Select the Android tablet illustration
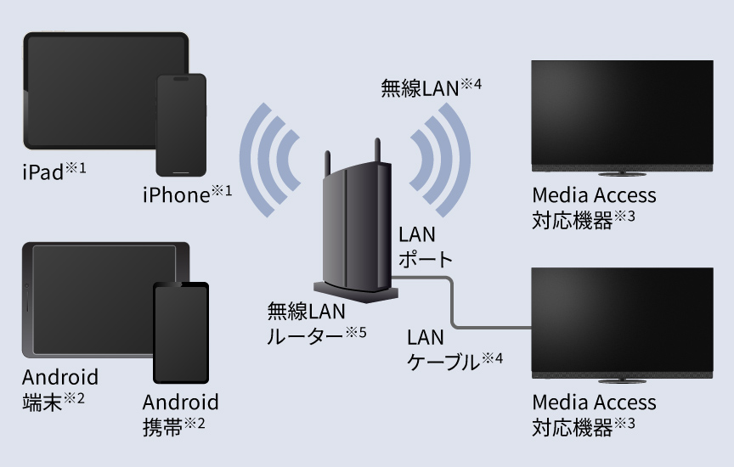tap(93, 297)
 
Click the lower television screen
tap(621, 318)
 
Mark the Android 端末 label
tap(59, 388)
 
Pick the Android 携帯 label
tap(179, 413)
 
